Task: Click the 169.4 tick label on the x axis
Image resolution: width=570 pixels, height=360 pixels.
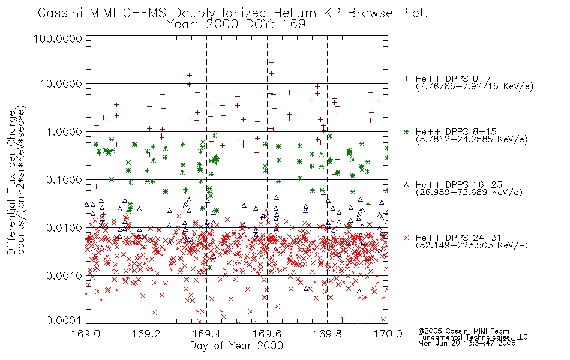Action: (206, 333)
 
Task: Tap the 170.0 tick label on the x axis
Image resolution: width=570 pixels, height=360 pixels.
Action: (388, 333)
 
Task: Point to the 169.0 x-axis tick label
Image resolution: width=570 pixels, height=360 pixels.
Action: (86, 333)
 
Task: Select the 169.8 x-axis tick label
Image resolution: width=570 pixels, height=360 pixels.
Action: (327, 333)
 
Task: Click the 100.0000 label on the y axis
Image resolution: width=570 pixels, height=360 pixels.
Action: (58, 38)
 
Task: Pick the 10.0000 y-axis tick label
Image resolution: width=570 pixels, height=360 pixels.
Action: (61, 84)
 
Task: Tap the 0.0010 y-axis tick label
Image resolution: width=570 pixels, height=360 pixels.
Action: (64, 276)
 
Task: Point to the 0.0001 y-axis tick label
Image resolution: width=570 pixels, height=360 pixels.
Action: (64, 320)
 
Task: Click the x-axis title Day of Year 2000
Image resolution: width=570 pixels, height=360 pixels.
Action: (236, 346)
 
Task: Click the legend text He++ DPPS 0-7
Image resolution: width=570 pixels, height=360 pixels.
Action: (453, 79)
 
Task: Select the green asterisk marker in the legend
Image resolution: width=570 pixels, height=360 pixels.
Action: (406, 131)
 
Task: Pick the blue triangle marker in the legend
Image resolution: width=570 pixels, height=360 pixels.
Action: (406, 185)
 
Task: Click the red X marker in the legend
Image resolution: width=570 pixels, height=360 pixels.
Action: (406, 238)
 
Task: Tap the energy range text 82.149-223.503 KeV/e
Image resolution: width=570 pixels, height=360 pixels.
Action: (472, 245)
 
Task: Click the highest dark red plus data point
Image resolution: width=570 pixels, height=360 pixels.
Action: (271, 62)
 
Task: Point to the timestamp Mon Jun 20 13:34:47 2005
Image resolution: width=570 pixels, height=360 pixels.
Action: (467, 343)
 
